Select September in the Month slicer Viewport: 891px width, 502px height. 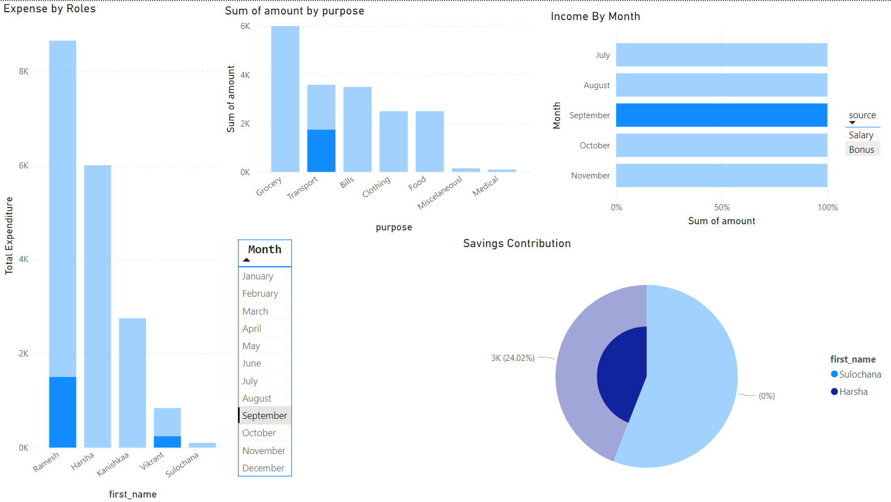264,416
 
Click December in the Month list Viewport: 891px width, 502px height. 263,468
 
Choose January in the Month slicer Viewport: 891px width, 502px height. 257,276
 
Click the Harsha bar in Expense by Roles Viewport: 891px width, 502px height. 98,307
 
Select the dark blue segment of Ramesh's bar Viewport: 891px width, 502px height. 62,412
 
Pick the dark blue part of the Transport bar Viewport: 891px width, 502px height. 321,151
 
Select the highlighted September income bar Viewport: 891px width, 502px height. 721,115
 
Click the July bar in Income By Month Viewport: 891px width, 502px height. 721,55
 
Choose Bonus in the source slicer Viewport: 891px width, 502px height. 861,149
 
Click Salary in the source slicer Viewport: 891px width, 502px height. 861,135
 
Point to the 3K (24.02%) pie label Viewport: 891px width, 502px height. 513,358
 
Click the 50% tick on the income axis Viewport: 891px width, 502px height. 722,207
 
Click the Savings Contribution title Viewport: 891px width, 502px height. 517,243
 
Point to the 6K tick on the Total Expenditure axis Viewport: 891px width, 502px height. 23,166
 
